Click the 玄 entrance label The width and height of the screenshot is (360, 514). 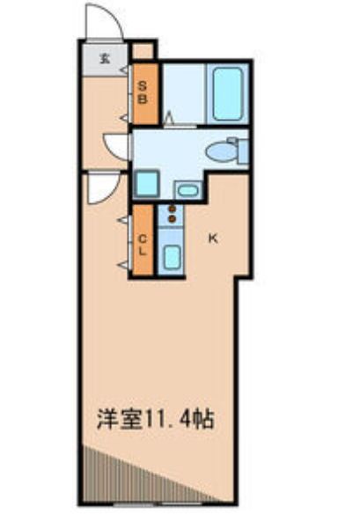[x=104, y=59]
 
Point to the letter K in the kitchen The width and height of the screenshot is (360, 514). [x=212, y=236]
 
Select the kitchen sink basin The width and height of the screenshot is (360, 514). [x=172, y=257]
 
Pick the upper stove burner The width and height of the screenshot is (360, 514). [x=172, y=208]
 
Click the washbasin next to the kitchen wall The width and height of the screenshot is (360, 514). [x=187, y=188]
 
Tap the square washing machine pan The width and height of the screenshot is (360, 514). [x=147, y=185]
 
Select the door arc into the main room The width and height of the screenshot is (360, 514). [x=99, y=187]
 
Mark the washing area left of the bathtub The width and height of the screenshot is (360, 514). [x=184, y=95]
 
